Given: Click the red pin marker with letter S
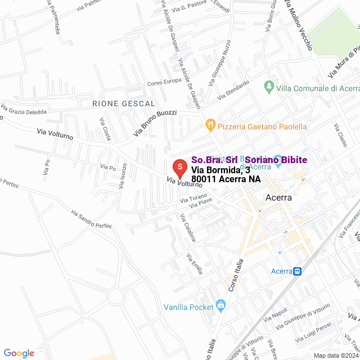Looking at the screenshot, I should click(179, 168).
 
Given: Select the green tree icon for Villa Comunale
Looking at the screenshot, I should click(268, 88).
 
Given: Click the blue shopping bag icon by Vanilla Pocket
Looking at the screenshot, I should click(220, 307).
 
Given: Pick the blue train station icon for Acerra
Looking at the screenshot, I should click(298, 271).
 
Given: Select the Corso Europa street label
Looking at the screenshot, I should click(164, 82).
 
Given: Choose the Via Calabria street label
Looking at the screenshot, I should click(187, 228).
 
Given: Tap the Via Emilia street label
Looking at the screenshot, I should click(195, 264).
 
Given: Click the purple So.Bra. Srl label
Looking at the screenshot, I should click(214, 160).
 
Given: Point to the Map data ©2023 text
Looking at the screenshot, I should click(336, 355).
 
